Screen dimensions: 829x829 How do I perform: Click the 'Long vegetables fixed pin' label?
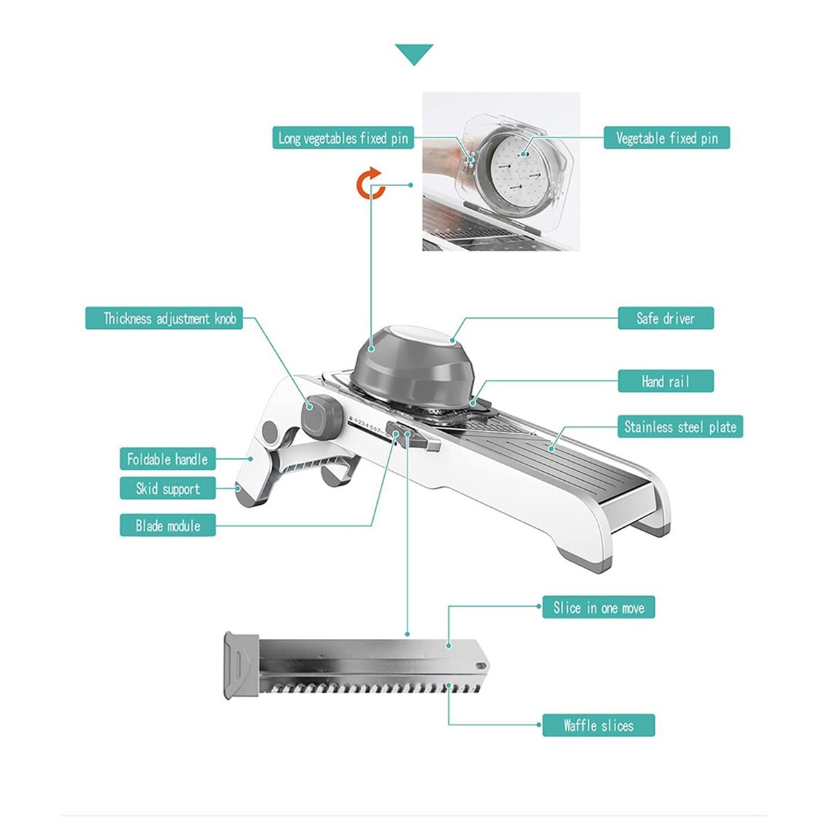click(343, 137)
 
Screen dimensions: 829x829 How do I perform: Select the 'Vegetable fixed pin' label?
click(667, 137)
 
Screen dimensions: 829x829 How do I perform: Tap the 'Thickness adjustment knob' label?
click(164, 318)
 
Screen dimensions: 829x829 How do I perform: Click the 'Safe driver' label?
click(665, 318)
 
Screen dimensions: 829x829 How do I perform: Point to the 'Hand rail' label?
click(665, 381)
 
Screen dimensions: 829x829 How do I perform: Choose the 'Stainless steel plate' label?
click(680, 427)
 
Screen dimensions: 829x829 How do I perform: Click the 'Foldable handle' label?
click(167, 459)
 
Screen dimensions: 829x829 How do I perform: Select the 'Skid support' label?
click(167, 488)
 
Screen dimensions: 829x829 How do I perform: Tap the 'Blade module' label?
click(167, 525)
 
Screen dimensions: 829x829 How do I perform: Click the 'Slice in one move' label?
click(598, 607)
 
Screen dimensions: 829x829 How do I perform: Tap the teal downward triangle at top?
click(414, 55)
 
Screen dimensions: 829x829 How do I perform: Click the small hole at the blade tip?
click(481, 665)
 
